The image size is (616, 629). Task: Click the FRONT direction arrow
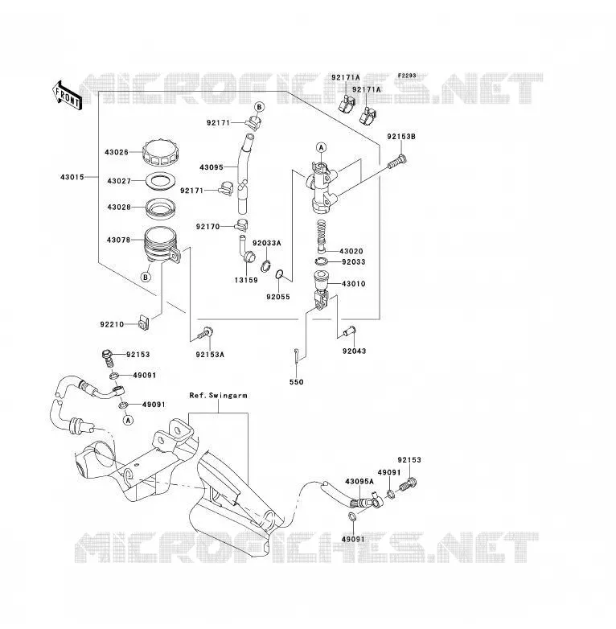coord(67,96)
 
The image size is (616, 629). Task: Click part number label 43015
coord(72,177)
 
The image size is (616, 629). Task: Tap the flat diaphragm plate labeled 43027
coord(161,181)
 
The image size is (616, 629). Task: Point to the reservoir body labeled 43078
coord(162,245)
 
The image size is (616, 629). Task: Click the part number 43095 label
coord(211,167)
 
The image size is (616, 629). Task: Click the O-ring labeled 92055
coord(280,274)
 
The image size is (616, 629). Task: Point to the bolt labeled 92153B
coord(397,162)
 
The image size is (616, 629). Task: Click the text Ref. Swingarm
coord(219,396)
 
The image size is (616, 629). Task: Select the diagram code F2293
coord(407,76)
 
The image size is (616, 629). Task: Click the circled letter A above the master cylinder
coord(321,148)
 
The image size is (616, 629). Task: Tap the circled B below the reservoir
coord(146,277)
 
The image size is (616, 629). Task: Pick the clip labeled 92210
coord(144,323)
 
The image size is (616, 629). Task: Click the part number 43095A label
coord(359,481)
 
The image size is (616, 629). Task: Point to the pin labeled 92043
coord(348,331)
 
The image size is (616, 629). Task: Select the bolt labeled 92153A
coord(205,333)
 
